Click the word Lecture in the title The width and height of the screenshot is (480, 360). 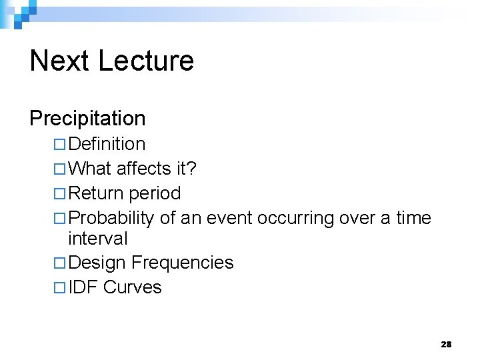(146, 61)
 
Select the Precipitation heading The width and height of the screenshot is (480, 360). (87, 119)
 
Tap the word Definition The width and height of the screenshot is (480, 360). (107, 144)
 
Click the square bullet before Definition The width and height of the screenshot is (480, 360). (59, 145)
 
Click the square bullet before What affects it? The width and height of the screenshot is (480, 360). (59, 169)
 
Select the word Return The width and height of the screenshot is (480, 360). (96, 193)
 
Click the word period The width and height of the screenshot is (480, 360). (155, 194)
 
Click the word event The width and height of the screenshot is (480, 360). (229, 219)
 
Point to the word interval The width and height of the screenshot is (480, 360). (98, 238)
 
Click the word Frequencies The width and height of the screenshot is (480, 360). (182, 263)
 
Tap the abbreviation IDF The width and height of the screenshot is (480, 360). (83, 287)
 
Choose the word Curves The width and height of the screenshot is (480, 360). (133, 287)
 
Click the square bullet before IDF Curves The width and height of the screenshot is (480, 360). (59, 288)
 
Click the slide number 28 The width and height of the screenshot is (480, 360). (446, 344)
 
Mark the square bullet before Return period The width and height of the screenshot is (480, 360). (59, 194)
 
